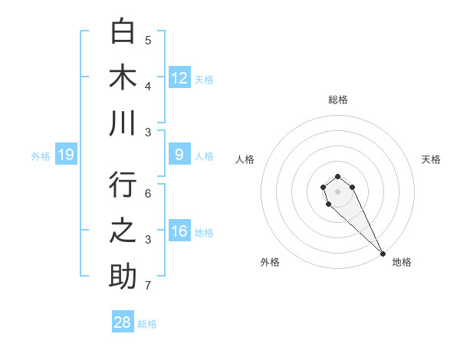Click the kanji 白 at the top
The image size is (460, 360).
point(123,32)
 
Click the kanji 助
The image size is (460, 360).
point(123,277)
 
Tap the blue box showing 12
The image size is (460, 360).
point(179,77)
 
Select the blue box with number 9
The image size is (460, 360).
point(179,155)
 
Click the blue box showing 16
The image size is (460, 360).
point(179,231)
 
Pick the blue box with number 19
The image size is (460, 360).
point(66,155)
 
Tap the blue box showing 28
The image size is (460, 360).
point(123,322)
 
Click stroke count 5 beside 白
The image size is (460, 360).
point(148,41)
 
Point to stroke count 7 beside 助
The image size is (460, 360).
point(148,286)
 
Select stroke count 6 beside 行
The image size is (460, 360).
point(148,195)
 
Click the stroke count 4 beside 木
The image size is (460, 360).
point(148,86)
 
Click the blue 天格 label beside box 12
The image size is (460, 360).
point(204,79)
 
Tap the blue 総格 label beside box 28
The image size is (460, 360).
point(147,324)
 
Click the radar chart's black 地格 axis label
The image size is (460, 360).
point(402,262)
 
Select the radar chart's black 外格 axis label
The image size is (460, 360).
point(270,262)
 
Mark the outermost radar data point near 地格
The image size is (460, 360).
point(383,254)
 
